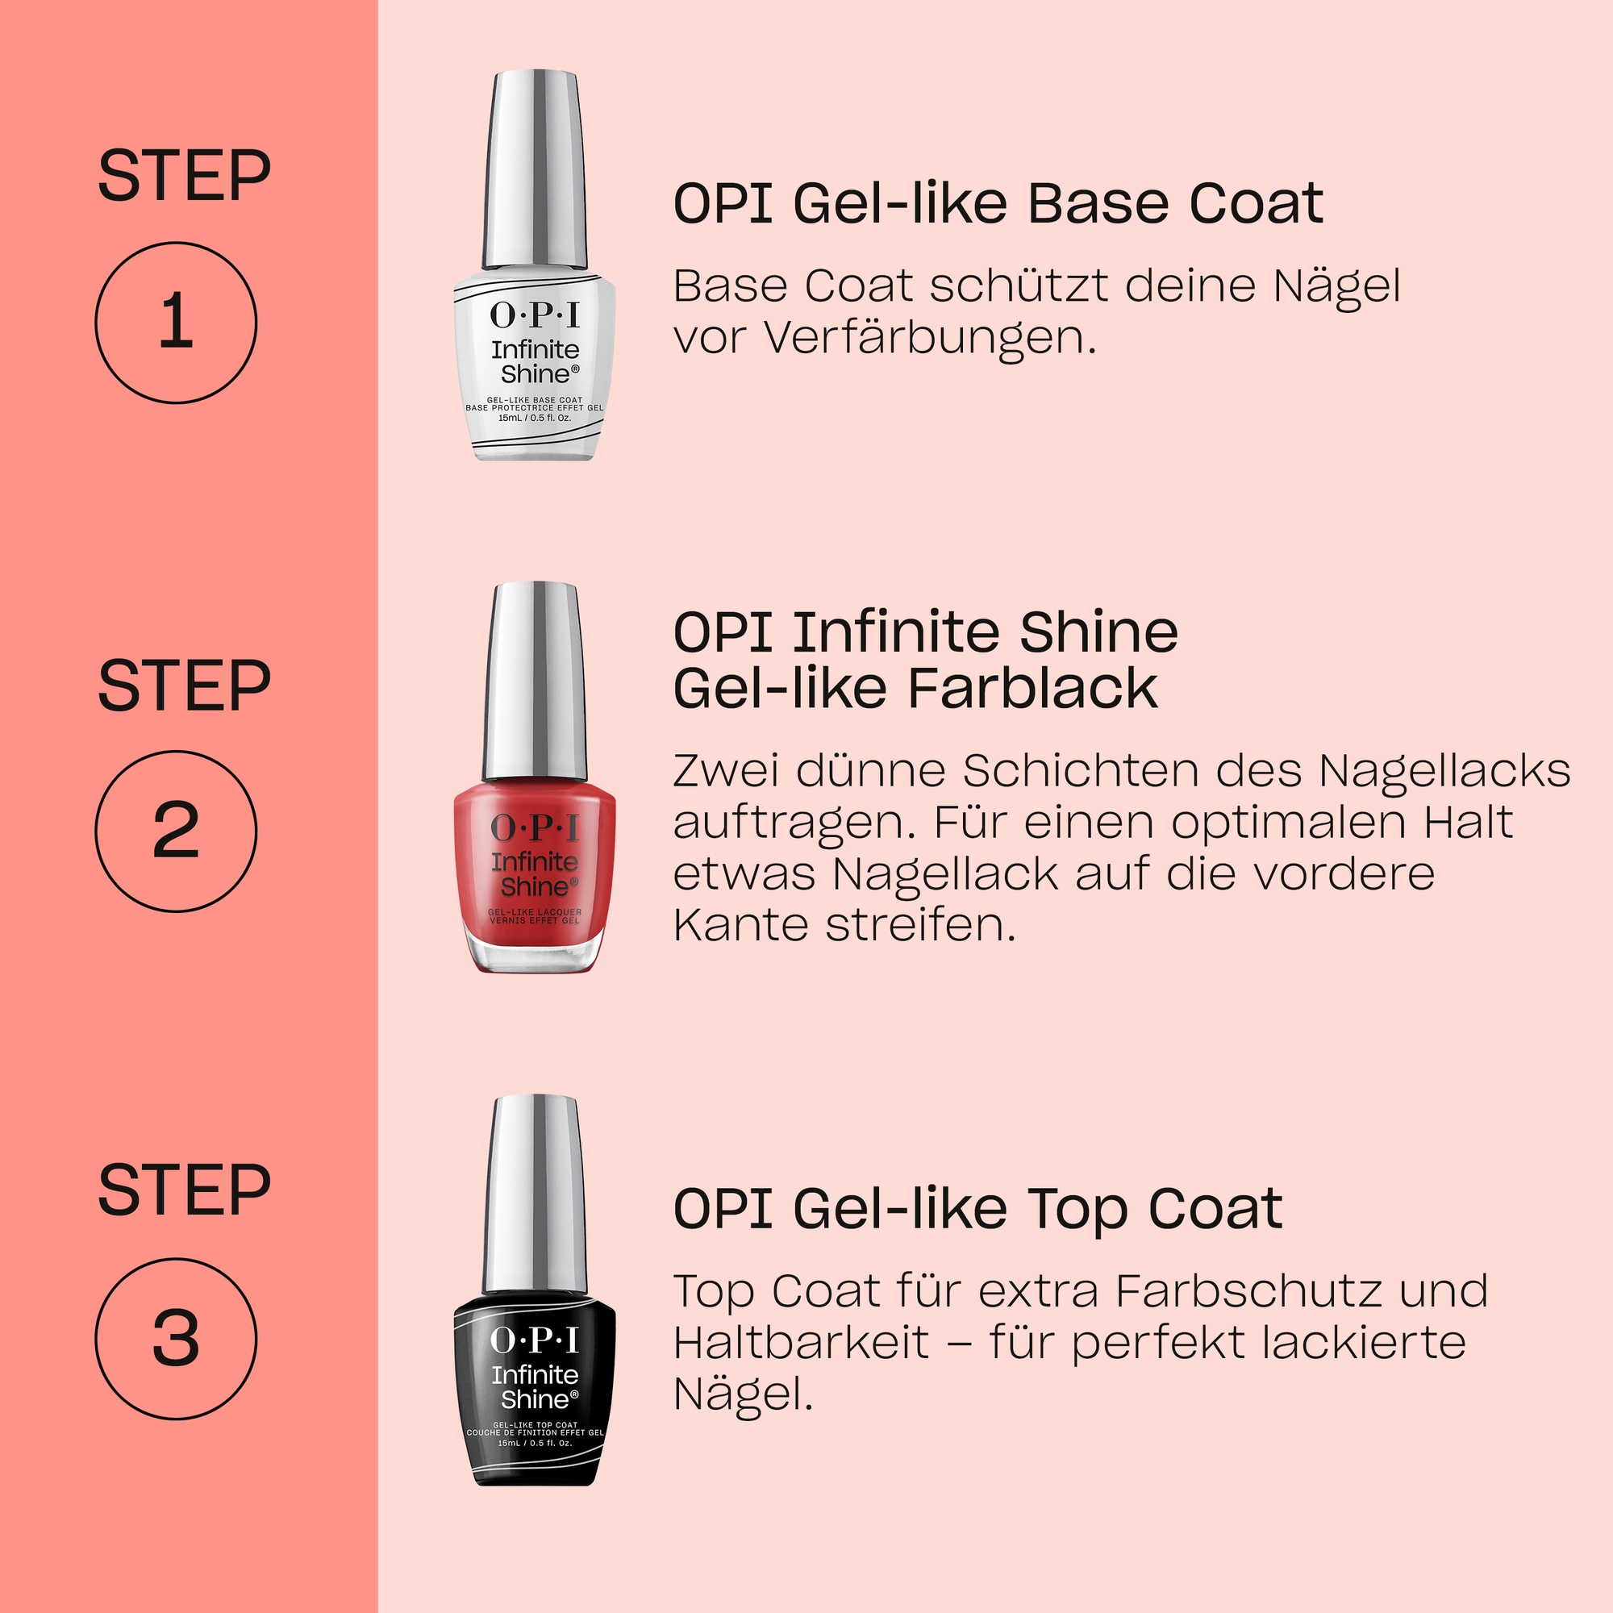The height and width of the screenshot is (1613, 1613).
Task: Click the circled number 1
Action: pos(175,323)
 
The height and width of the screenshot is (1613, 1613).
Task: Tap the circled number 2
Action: pos(175,831)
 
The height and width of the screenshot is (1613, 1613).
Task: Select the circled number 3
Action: pos(175,1338)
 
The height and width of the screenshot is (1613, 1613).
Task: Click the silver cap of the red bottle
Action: pos(535,681)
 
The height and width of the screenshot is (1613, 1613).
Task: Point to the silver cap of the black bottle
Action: pos(535,1194)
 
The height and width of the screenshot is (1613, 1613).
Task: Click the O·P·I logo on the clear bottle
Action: pos(535,315)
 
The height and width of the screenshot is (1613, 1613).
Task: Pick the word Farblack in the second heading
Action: pos(1032,689)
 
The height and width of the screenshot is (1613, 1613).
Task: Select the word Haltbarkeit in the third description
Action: pos(801,1343)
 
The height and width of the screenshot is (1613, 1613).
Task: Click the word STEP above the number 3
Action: pos(185,1190)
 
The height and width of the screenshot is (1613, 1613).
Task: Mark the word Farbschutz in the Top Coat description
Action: pos(1248,1290)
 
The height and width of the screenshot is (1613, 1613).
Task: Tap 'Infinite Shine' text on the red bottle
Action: pos(535,873)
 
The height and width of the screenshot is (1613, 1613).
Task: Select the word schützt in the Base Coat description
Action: pos(1019,286)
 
